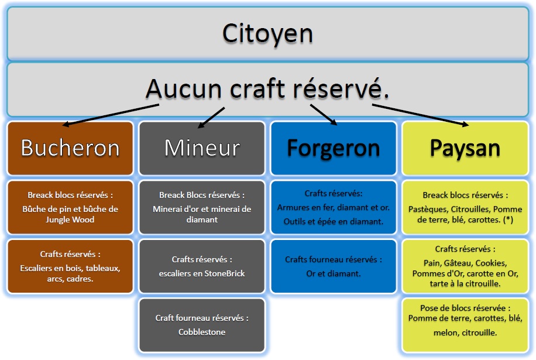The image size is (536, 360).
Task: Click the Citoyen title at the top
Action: coord(267,34)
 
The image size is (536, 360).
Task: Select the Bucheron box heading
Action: coord(70,148)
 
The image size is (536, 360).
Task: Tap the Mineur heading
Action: coord(202,148)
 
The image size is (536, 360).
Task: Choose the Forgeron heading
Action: coord(334,148)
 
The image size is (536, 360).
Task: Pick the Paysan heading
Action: coord(465,148)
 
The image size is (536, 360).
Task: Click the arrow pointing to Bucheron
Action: coord(111,115)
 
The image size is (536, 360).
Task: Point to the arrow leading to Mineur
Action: coord(211,118)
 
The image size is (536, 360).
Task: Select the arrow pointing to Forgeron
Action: coord(324,115)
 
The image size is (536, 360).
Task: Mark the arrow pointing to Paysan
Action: coord(421,115)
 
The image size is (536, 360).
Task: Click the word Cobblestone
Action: coord(202,332)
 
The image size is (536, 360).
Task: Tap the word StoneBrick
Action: coord(225,273)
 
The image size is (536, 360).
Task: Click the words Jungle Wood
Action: coord(70,220)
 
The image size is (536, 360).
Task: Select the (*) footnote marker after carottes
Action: coord(508,220)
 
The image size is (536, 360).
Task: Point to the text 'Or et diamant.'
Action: coord(334,273)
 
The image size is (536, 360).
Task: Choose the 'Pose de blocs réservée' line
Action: coord(465,308)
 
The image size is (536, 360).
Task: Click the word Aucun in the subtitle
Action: coord(184,89)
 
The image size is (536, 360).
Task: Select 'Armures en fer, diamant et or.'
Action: coord(334,208)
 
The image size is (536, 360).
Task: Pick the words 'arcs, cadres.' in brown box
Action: coord(70,279)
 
